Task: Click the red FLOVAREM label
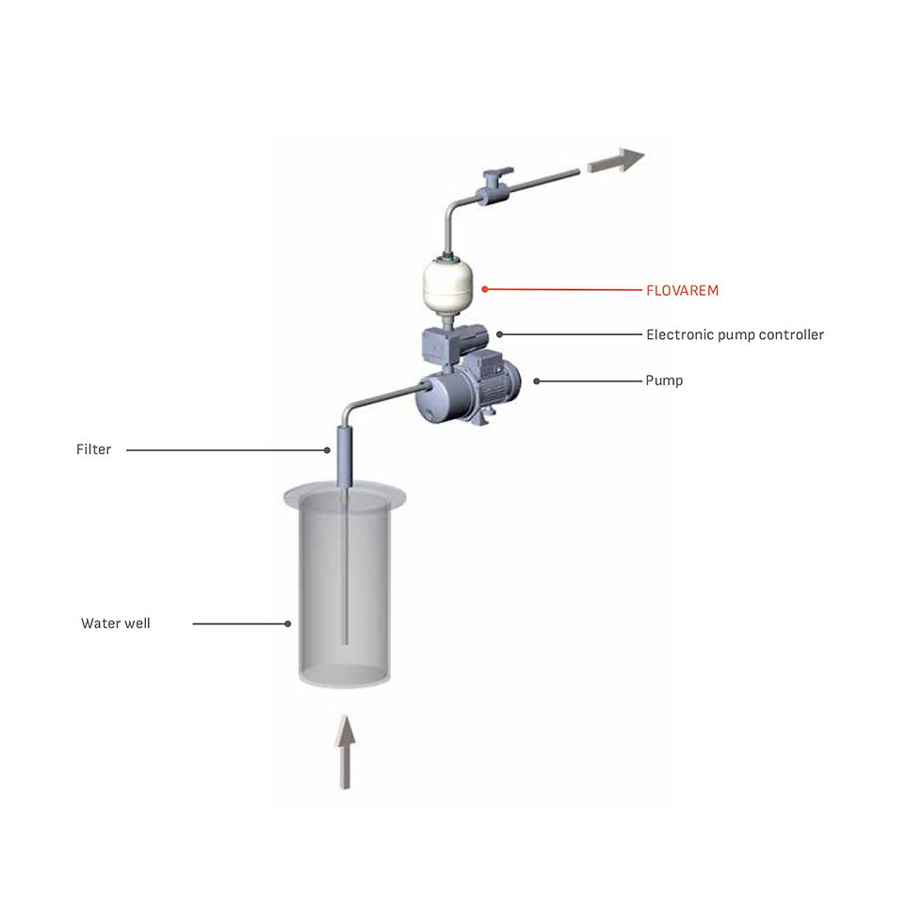tap(682, 291)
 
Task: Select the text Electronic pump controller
tap(735, 335)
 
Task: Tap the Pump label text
tap(664, 381)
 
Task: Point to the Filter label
tap(93, 450)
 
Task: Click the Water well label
tap(115, 623)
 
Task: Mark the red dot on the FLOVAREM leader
tap(485, 289)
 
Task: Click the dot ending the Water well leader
tap(288, 623)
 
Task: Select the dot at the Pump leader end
tap(537, 381)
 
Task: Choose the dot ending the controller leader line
tap(500, 334)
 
